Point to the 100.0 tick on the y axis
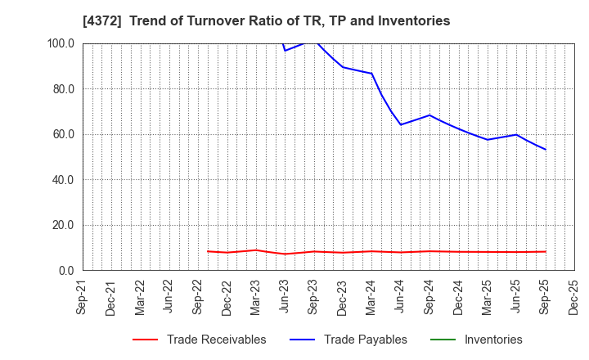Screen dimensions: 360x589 point(61,43)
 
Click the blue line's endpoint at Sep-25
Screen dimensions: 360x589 point(546,149)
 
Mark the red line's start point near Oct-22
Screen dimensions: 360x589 point(208,251)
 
